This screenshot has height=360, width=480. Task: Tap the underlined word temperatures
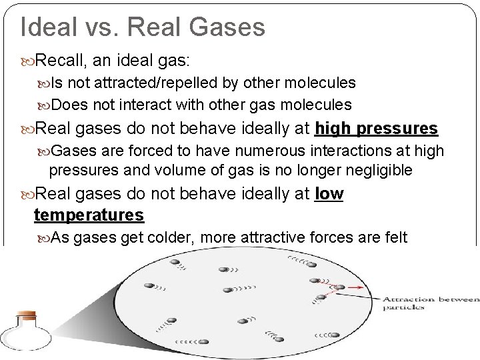[x=88, y=215]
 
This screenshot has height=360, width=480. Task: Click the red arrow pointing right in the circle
[x=352, y=287]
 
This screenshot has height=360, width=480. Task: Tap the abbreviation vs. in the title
[x=103, y=27]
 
